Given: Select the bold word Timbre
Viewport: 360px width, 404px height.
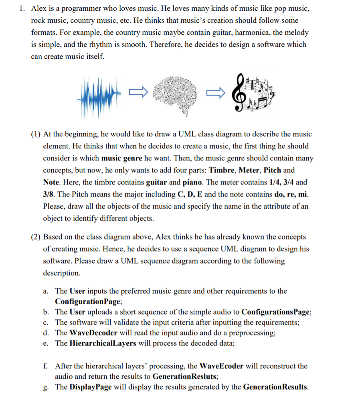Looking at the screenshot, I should [x=222, y=170].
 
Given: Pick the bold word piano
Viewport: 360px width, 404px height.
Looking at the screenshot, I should [x=194, y=182].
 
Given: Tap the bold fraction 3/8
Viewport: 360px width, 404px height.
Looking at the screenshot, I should [x=49, y=194].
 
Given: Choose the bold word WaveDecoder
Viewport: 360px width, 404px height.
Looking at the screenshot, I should [x=93, y=333].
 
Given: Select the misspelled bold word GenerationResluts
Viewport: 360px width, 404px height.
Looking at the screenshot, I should [x=185, y=377].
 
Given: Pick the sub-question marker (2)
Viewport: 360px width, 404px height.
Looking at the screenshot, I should [x=36, y=237].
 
